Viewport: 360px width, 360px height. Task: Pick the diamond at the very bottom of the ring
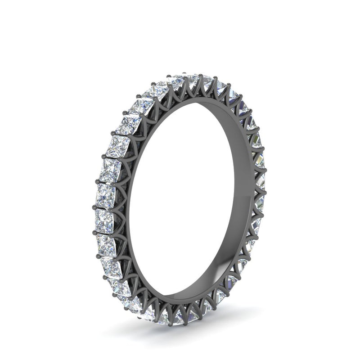pos(180,318)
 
